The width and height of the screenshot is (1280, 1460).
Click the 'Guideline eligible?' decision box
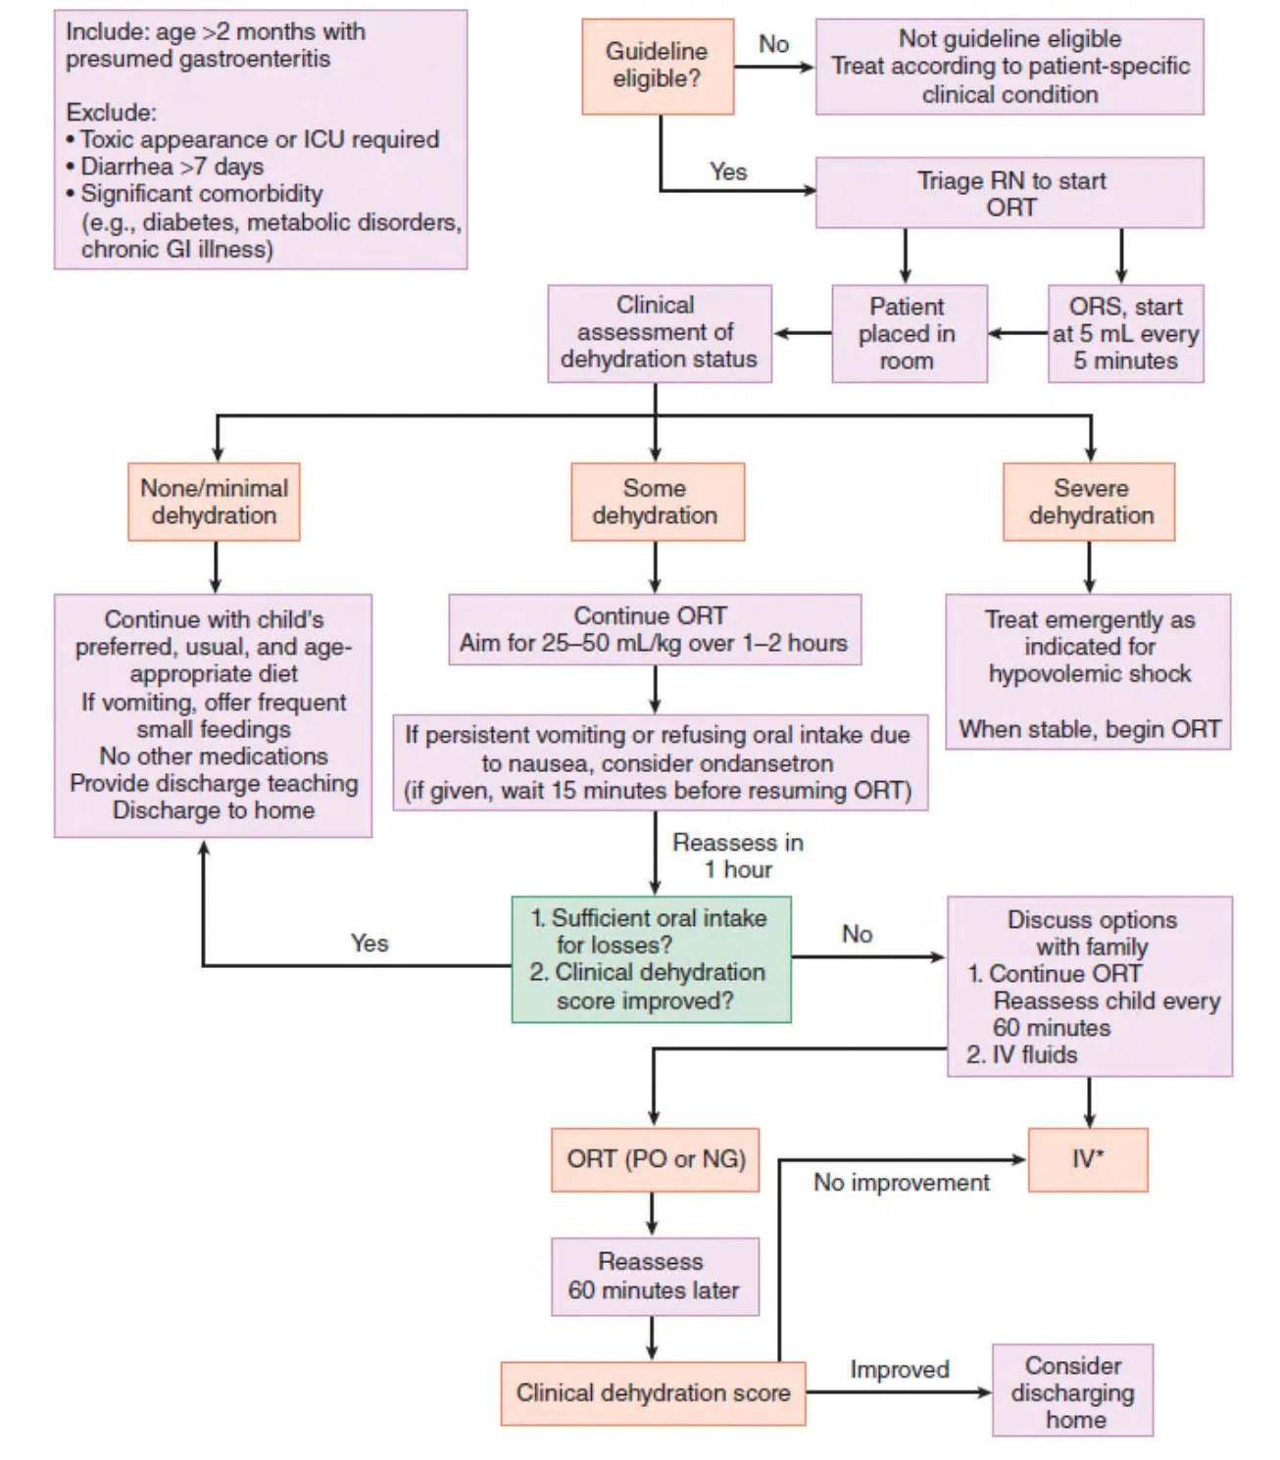coord(657,66)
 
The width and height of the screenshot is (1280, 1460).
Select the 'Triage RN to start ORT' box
coord(1009,193)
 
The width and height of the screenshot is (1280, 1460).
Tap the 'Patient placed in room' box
coord(909,333)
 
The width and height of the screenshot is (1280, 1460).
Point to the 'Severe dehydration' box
coord(1089,502)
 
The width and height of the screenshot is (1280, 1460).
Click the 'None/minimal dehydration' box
coord(214,502)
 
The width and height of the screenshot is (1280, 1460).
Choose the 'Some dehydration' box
coord(657,502)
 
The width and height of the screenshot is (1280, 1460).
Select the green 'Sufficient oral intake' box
coord(651,959)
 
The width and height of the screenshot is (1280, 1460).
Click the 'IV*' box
coord(1087,1159)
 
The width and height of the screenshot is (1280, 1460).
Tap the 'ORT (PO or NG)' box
coord(655,1159)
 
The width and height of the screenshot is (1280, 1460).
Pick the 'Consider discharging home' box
coord(1072,1391)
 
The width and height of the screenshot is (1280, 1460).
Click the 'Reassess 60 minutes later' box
coord(654,1276)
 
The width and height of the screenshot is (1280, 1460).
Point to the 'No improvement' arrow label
coord(901,1183)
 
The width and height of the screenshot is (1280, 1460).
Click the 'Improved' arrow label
coord(899,1369)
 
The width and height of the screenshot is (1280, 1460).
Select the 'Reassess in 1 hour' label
coord(737,855)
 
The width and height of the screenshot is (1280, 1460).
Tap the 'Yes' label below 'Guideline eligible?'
coord(728,171)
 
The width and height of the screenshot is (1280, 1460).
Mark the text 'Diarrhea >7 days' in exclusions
coord(172,167)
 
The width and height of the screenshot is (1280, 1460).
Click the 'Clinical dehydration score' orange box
coord(653,1392)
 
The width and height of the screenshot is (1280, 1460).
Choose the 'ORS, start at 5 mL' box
coord(1125,333)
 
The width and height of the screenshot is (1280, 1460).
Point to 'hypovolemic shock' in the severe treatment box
coord(1089,674)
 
